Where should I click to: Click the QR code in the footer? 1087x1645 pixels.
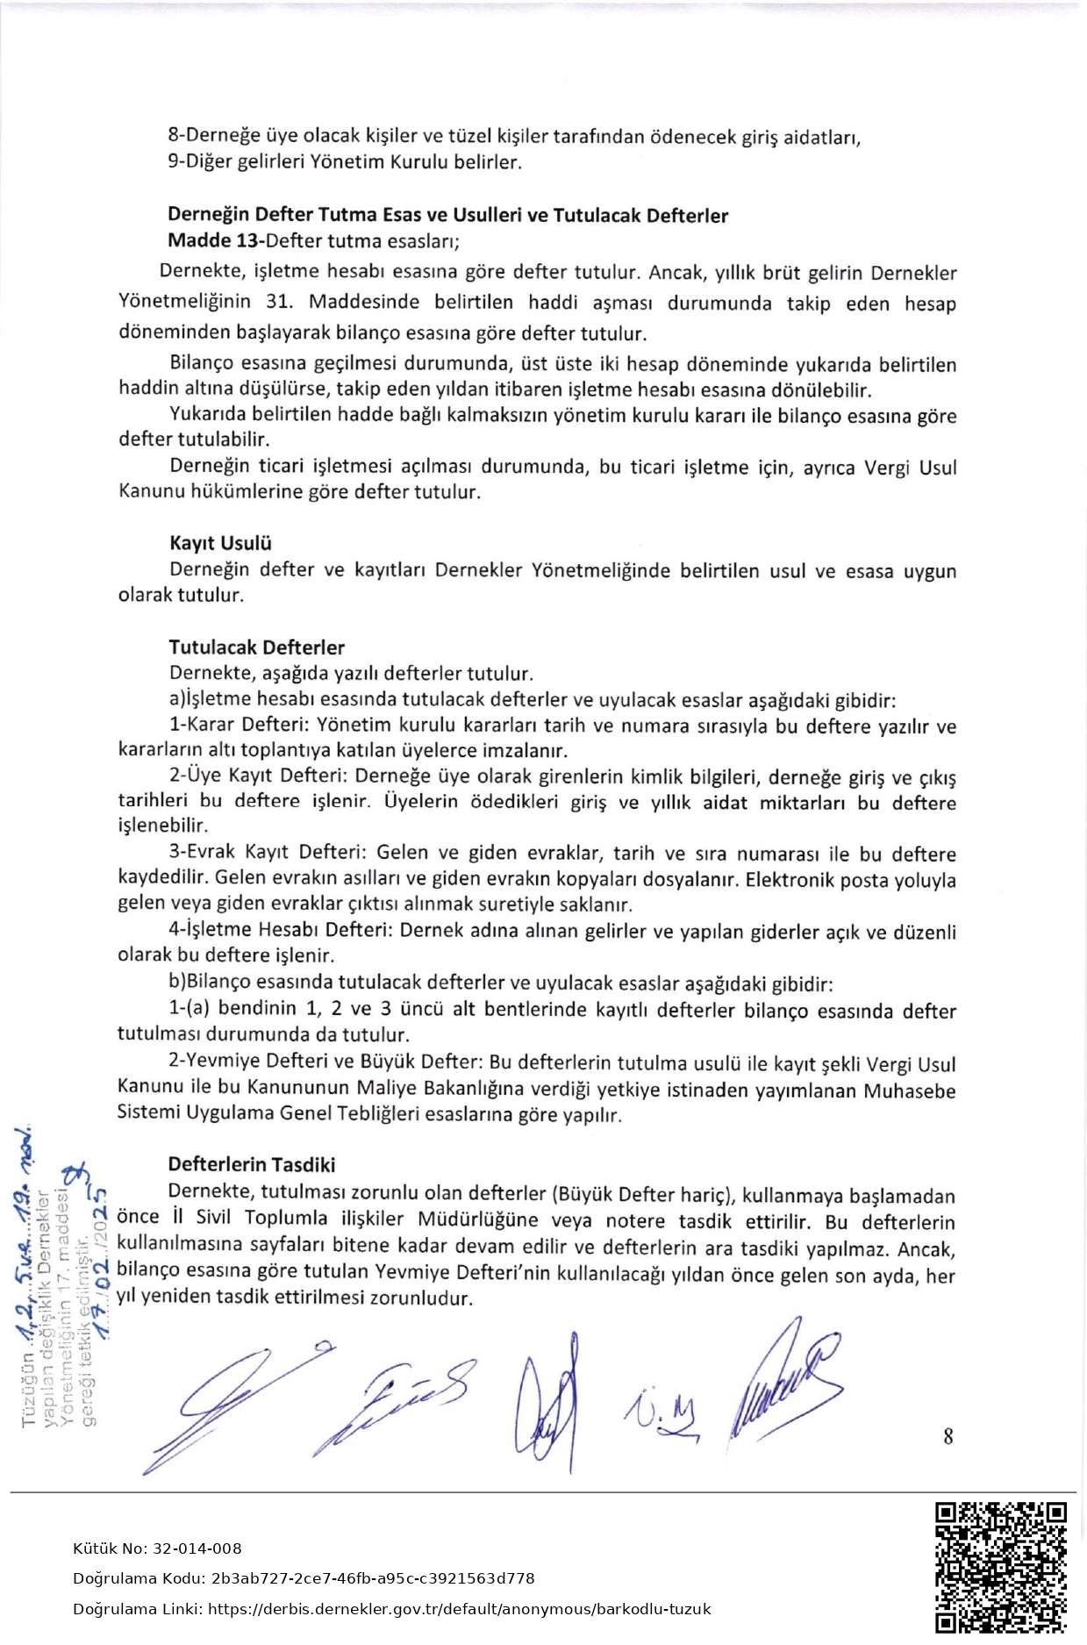[1000, 1566]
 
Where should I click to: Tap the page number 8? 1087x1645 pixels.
[948, 1436]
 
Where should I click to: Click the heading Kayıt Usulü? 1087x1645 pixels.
[220, 543]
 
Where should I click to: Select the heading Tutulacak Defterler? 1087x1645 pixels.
[256, 647]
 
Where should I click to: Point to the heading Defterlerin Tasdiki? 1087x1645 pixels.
[252, 1164]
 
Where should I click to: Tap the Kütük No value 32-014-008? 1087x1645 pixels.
[197, 1548]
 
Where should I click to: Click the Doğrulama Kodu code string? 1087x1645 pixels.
[373, 1578]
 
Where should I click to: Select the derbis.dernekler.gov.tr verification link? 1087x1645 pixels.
[461, 1609]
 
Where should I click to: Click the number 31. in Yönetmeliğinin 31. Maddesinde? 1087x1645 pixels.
[278, 302]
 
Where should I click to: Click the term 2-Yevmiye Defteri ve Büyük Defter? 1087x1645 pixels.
[325, 1062]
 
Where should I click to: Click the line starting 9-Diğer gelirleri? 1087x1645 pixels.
[344, 162]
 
